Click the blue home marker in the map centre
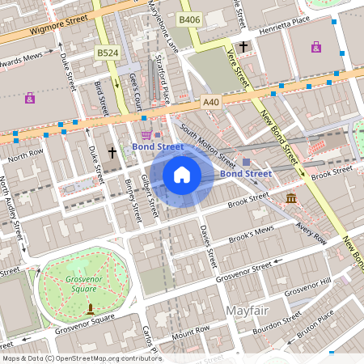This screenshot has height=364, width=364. click(x=182, y=174)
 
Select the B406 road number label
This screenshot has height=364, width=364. click(x=189, y=19)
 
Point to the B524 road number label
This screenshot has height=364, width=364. click(x=107, y=53)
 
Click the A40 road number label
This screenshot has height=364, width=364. click(x=211, y=102)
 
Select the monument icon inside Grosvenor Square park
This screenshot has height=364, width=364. click(x=90, y=308)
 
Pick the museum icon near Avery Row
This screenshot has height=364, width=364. click(x=290, y=199)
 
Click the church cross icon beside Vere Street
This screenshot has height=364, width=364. click(x=243, y=49)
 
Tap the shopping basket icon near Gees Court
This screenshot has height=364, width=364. click(x=146, y=135)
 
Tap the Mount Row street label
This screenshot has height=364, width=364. click(x=190, y=331)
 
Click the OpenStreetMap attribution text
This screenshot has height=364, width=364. click(x=82, y=358)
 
